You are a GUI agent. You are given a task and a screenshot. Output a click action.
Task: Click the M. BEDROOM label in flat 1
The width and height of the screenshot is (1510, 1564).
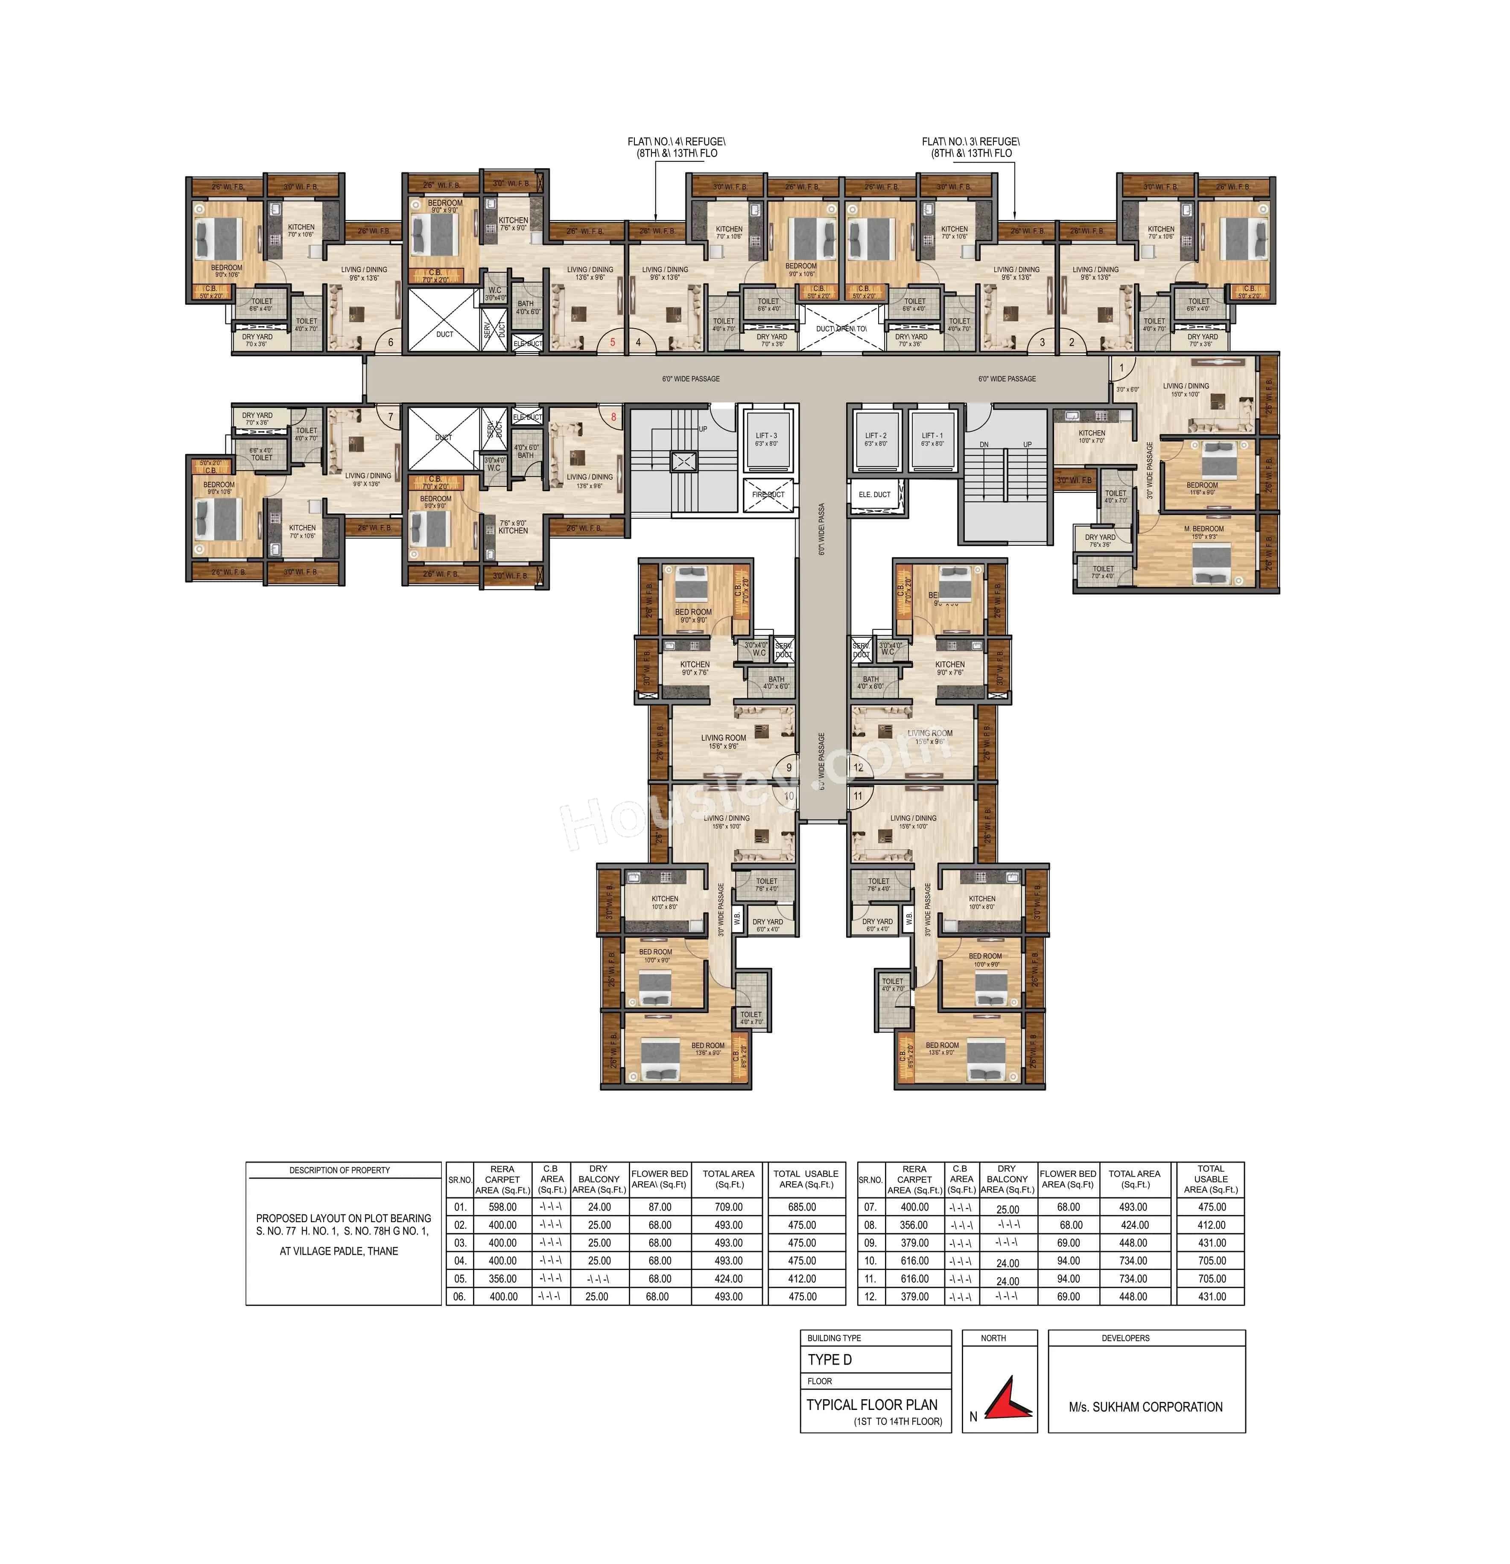pyautogui.click(x=1203, y=528)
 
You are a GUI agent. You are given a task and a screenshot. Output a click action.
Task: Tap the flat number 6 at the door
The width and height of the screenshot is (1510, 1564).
pyautogui.click(x=390, y=342)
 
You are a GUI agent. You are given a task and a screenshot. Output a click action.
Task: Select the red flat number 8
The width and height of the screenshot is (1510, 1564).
pyautogui.click(x=613, y=416)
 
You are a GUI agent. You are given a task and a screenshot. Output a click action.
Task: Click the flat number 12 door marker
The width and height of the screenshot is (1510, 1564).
pyautogui.click(x=858, y=768)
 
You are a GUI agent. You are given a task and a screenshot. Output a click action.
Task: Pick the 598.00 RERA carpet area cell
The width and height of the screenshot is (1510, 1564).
pyautogui.click(x=502, y=1207)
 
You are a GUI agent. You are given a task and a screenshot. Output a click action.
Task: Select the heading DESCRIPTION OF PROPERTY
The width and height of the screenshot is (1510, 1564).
pyautogui.click(x=339, y=1170)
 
